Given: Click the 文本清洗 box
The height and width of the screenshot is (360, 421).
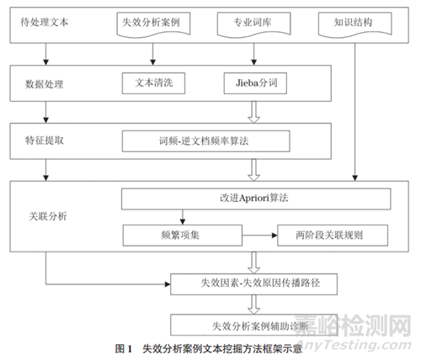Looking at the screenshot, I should [153, 84].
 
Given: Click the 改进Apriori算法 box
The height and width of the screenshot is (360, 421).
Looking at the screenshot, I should [257, 199].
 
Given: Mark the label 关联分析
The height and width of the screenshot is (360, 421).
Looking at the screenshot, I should [46, 215].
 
